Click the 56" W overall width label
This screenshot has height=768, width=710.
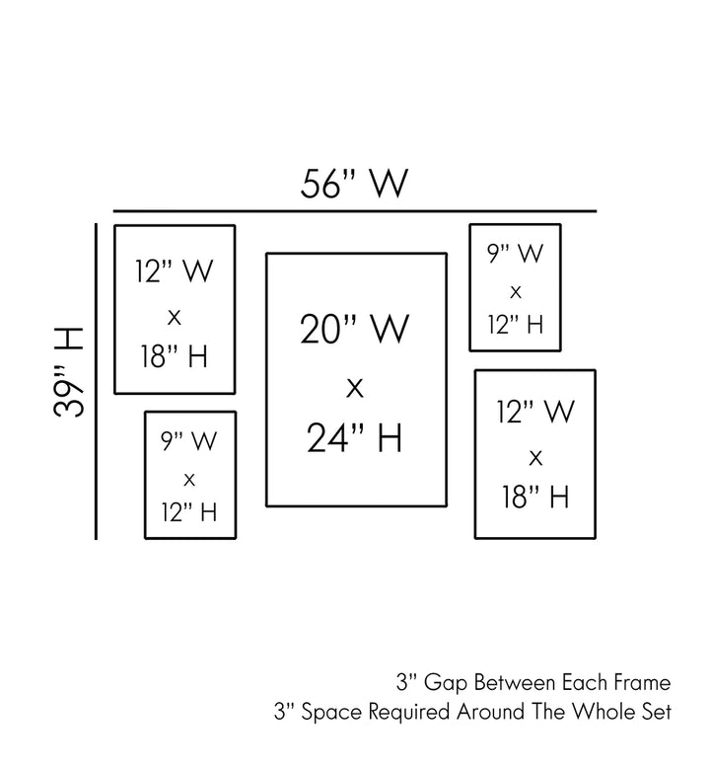click(x=355, y=184)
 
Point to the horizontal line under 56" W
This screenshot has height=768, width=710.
click(x=355, y=211)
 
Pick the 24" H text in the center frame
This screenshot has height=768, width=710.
click(x=355, y=437)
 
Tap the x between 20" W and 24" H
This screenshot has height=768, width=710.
click(x=355, y=386)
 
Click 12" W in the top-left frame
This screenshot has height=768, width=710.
click(x=175, y=272)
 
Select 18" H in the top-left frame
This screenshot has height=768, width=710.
click(x=175, y=357)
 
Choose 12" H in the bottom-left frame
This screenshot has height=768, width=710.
click(x=189, y=512)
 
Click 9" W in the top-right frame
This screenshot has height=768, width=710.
click(x=515, y=254)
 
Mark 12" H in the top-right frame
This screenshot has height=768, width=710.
click(x=515, y=324)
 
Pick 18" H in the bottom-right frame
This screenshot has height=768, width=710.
click(x=535, y=497)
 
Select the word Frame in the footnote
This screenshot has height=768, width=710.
click(x=643, y=682)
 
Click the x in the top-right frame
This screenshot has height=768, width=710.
click(x=515, y=291)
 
